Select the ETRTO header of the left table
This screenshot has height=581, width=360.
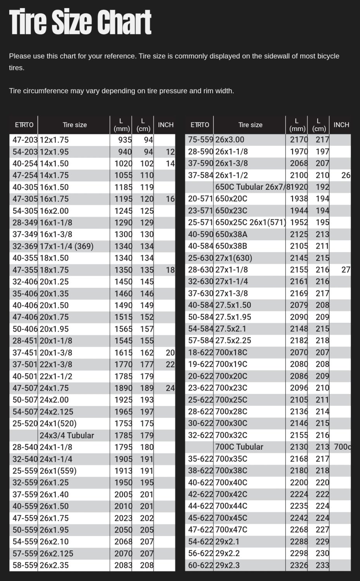[24, 125]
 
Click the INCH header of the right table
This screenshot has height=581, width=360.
[341, 125]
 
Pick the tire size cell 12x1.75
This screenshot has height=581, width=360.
[54, 140]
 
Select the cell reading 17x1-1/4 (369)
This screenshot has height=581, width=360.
[66, 246]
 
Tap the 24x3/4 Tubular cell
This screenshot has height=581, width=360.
[67, 435]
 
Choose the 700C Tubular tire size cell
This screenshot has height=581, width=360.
[239, 447]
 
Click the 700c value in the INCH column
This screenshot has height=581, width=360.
[342, 447]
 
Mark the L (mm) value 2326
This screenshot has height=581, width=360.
[299, 565]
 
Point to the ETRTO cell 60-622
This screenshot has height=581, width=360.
[200, 565]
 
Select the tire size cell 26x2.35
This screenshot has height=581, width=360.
[54, 565]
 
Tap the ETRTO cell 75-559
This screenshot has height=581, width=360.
[200, 140]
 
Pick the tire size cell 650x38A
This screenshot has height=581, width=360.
[231, 234]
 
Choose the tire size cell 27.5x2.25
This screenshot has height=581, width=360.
[233, 340]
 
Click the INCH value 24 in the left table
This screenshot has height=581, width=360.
[170, 388]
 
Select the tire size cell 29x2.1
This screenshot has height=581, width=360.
[227, 541]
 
